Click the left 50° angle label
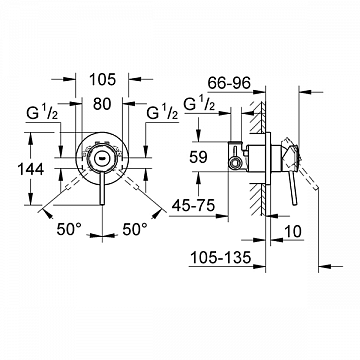[69, 230]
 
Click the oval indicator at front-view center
[100, 157]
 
